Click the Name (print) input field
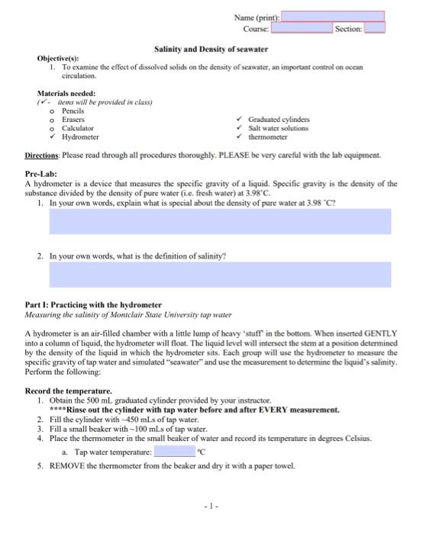click(334, 16)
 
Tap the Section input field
click(375, 28)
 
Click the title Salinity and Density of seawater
click(211, 49)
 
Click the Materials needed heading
click(69, 93)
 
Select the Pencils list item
click(74, 111)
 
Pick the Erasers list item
click(74, 120)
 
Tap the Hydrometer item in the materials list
click(80, 137)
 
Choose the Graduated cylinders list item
click(284, 120)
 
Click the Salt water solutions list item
click(284, 128)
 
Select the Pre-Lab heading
click(43, 174)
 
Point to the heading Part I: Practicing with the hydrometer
click(93, 304)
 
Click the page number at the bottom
click(211, 507)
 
